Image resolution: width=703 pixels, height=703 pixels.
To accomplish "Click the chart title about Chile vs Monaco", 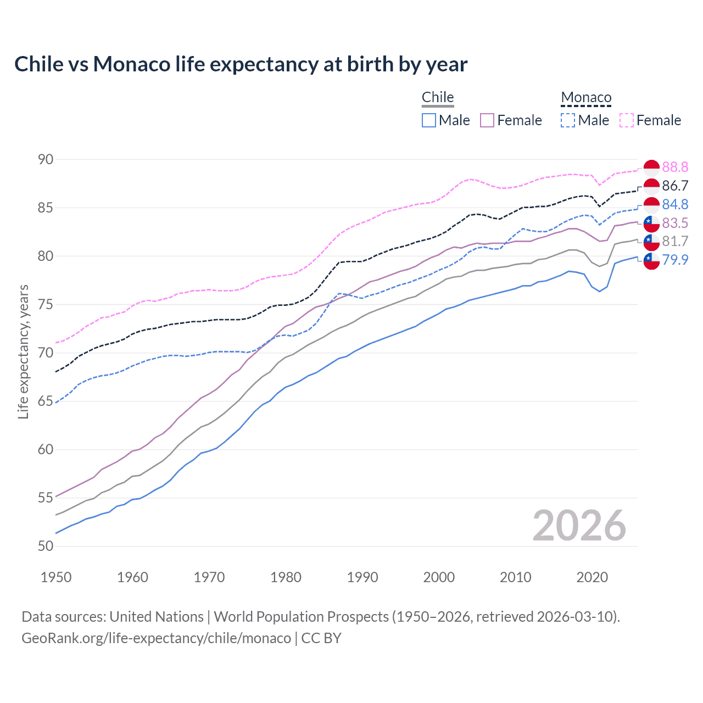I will point(241,64).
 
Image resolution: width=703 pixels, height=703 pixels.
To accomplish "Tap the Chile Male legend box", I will point(429,120).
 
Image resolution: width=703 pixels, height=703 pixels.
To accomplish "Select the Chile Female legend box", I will point(487,120).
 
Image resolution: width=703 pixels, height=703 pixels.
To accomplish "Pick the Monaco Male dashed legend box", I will point(568,120).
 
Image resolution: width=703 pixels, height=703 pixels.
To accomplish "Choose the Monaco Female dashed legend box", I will point(627,120).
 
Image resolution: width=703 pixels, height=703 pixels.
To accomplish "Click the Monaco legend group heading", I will point(586,98).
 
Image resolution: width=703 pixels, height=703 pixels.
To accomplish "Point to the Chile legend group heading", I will point(438,97).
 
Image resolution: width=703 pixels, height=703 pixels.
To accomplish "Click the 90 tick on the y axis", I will point(46,159).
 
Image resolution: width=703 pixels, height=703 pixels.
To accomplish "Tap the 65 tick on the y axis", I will point(46,401).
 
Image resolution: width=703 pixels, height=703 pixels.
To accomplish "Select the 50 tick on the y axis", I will point(46,546).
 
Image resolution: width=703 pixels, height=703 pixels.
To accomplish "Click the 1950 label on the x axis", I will point(56,577).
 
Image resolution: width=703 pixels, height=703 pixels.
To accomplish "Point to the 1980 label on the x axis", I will point(286,577).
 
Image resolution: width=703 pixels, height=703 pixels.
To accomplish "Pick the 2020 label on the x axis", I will point(592,577).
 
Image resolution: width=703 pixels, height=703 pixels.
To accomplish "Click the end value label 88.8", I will point(675,168).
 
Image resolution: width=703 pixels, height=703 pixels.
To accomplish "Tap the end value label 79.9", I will point(675,260).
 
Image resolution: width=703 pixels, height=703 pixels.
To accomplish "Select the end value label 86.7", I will point(675,186).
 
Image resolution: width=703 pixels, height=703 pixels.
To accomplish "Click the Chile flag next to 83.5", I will point(651,223).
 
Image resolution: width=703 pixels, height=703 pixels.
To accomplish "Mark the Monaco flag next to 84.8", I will point(651,205).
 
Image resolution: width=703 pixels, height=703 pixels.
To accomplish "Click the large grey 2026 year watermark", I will point(579,526).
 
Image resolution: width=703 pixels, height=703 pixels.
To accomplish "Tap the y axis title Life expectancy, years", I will point(23,351).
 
